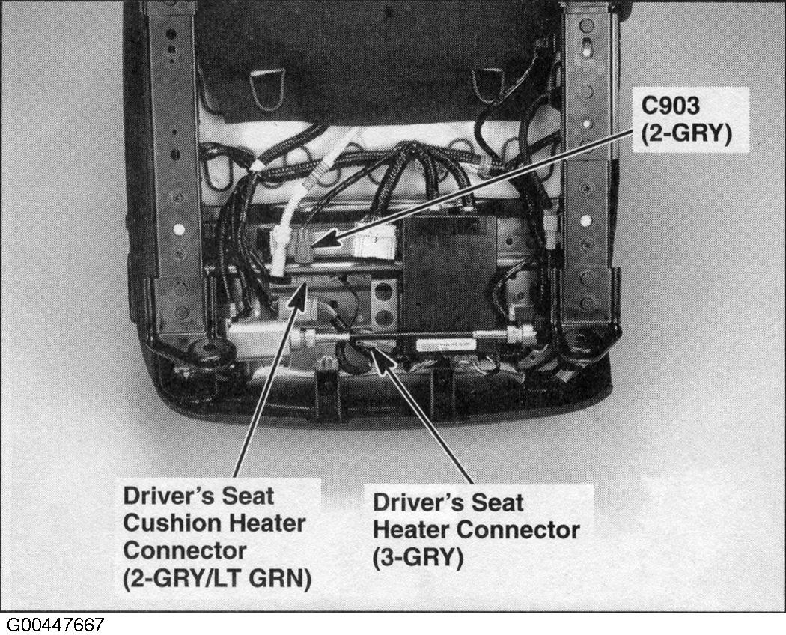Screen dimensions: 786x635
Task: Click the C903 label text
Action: [x=670, y=106]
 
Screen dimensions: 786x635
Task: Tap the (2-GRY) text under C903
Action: [x=686, y=134]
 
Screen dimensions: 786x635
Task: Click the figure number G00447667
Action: [x=55, y=625]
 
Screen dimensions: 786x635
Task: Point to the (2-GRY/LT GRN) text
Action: [x=217, y=578]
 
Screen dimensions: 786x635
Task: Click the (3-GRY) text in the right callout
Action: [x=418, y=558]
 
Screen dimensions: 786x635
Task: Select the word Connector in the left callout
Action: [x=184, y=550]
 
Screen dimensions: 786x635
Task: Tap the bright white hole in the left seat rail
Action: [x=179, y=229]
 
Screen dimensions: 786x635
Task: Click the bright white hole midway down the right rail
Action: [x=586, y=220]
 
